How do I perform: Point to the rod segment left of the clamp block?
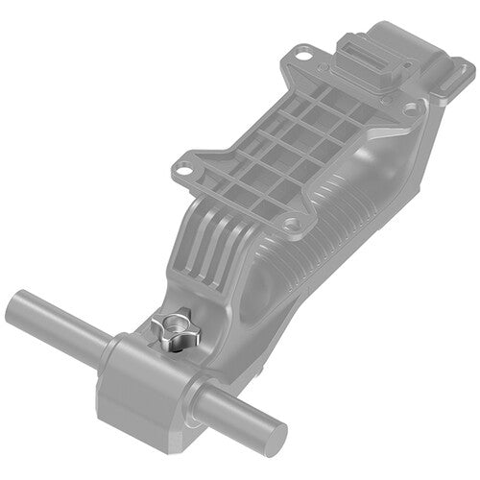(58, 321)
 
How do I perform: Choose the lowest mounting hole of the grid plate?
(288, 227)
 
